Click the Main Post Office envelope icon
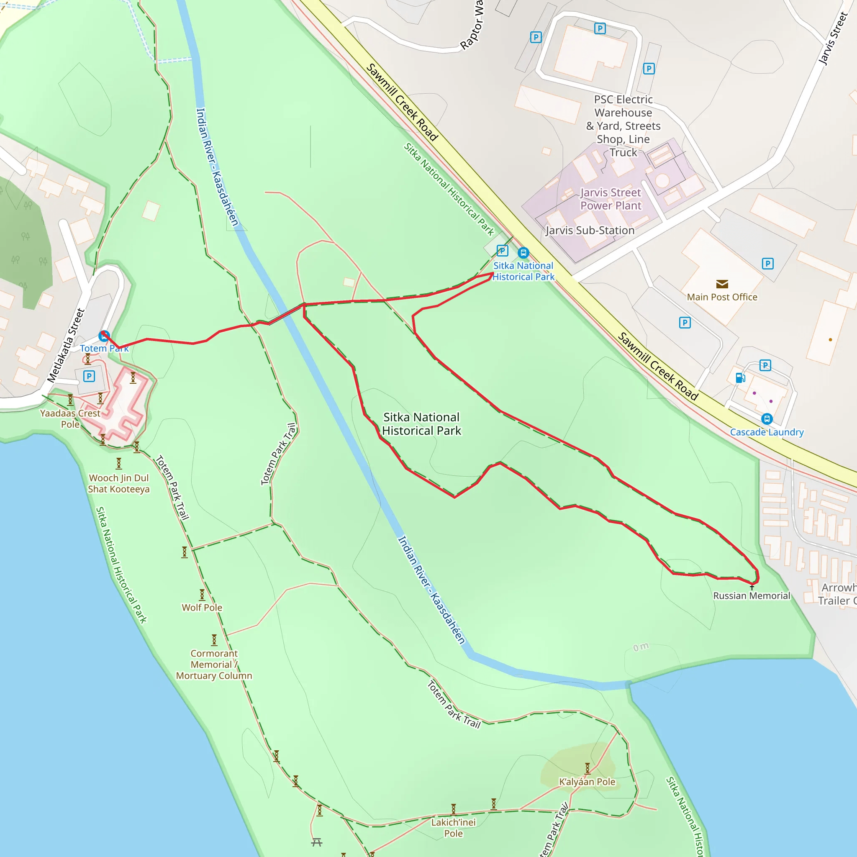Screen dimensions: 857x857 (722, 284)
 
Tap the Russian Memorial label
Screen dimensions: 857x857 (752, 596)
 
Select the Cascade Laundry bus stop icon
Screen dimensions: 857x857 (767, 419)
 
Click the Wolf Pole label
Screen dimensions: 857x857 (202, 607)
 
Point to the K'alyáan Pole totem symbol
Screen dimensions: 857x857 (587, 768)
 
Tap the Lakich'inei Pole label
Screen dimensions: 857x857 (453, 828)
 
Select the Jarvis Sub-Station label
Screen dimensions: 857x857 (590, 230)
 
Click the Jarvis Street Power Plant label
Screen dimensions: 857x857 (611, 199)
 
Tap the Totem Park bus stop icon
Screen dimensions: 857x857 (104, 336)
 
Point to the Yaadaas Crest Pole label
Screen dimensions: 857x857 (70, 418)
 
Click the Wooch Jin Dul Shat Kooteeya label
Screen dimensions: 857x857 (119, 483)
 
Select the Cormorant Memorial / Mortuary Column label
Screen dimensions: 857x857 (214, 664)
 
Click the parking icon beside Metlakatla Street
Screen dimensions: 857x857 (89, 376)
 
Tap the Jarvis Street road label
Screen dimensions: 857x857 (833, 39)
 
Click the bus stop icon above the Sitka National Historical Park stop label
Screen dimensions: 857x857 (523, 253)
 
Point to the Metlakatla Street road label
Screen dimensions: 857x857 (66, 346)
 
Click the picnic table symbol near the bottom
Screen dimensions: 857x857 (316, 842)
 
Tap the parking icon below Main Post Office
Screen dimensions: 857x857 (685, 323)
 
